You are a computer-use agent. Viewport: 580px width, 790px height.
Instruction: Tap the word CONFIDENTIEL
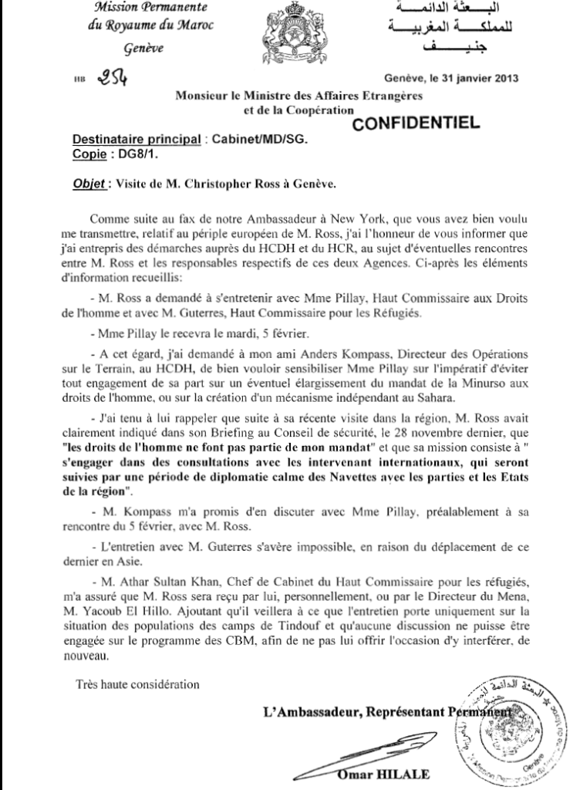pyautogui.click(x=419, y=121)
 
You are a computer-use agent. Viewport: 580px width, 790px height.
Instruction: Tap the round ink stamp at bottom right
pyautogui.click(x=516, y=727)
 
